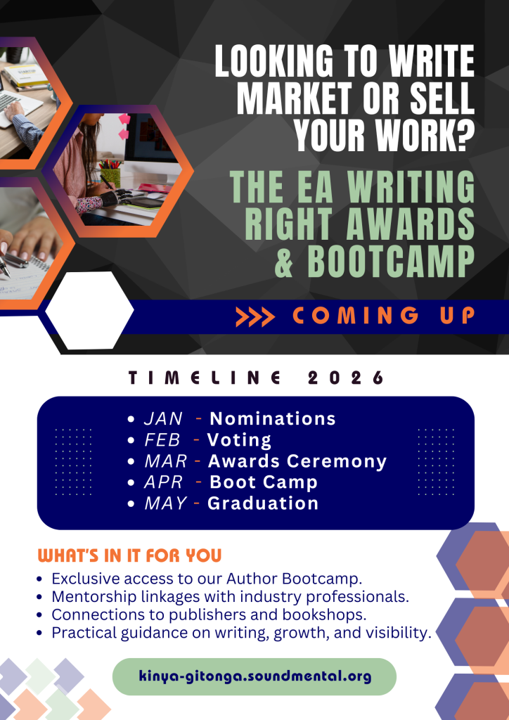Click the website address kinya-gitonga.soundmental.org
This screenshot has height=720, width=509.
coord(254,676)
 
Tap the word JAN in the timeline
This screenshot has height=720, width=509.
coord(163,419)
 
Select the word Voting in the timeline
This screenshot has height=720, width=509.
coord(239,440)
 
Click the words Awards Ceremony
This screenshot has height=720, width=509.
coord(297,461)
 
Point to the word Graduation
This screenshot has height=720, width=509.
coord(263,503)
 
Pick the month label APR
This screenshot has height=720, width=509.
coord(163,482)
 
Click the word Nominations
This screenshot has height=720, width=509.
coord(273,419)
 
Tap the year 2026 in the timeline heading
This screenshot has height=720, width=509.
coord(346,378)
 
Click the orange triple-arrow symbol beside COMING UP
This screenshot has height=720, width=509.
coord(255,317)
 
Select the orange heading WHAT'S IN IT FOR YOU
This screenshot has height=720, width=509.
coord(129,555)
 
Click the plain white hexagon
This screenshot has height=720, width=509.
coord(89,310)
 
